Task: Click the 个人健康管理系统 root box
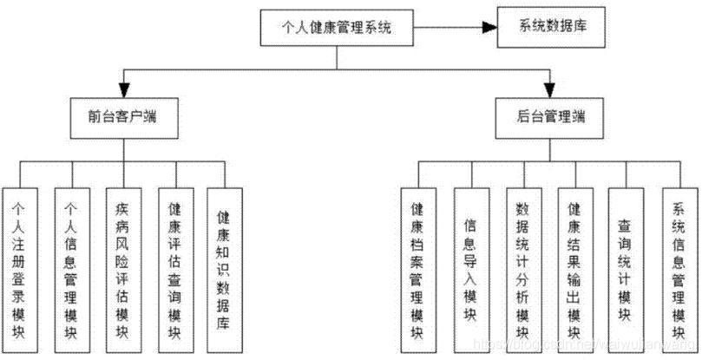click(338, 28)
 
